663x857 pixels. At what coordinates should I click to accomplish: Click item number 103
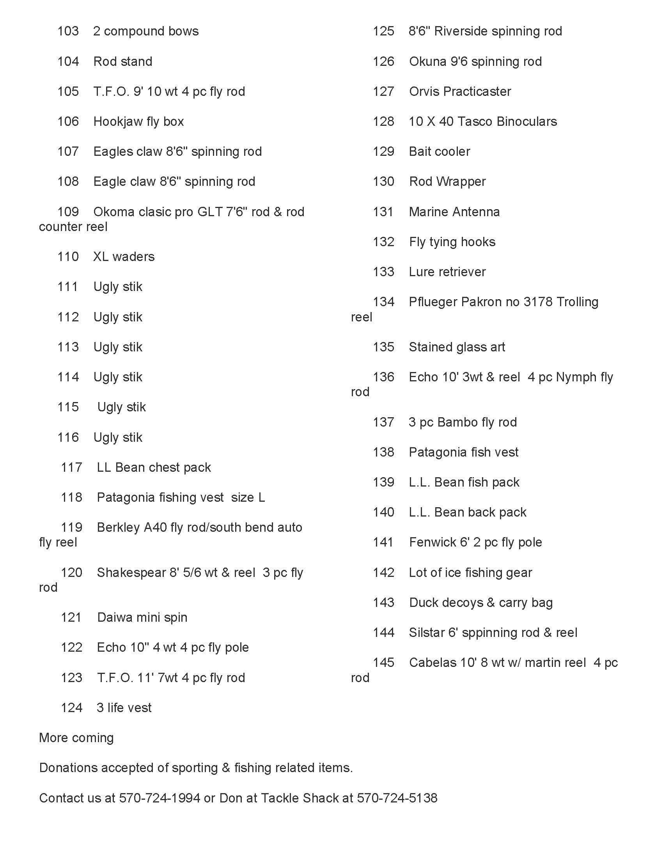point(68,31)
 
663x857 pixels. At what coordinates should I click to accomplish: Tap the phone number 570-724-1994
point(160,798)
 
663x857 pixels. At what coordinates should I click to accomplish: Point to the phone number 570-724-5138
point(397,798)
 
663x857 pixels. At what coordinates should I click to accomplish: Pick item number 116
point(68,437)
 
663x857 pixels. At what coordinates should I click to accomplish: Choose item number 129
point(383,152)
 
